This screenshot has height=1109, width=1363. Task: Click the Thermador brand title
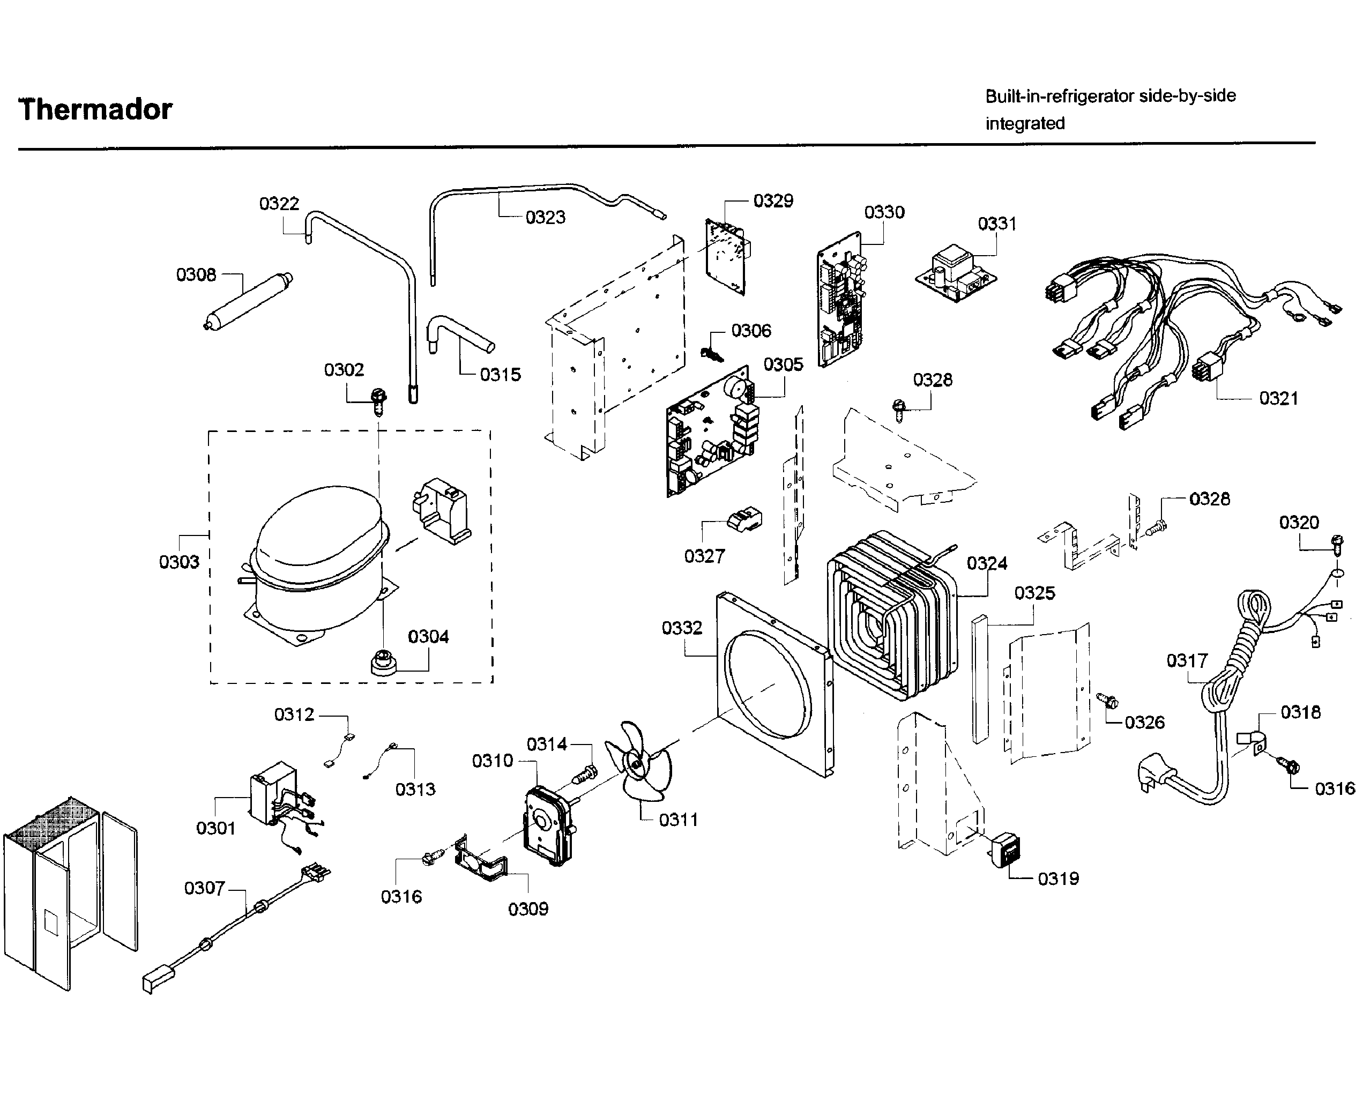(95, 109)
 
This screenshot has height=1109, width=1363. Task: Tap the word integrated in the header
(1024, 123)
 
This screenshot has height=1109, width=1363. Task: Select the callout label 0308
(196, 274)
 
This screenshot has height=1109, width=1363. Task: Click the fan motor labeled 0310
(547, 827)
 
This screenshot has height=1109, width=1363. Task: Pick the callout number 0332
(682, 628)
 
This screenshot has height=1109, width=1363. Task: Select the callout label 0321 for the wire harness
(1279, 399)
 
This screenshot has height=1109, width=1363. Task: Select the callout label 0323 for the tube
(546, 218)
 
